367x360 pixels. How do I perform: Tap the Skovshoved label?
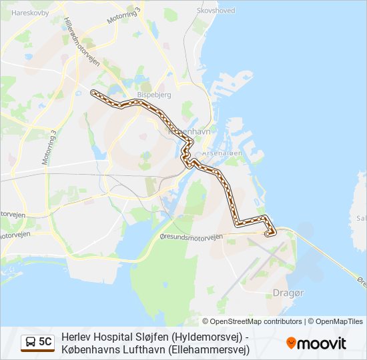(x=216, y=11)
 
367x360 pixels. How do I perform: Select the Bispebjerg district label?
(x=154, y=95)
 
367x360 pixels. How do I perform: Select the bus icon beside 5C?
(x=31, y=342)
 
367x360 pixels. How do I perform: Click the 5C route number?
(x=45, y=342)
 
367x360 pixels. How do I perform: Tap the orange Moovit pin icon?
(x=291, y=343)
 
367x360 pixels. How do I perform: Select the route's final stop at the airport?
(x=268, y=234)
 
